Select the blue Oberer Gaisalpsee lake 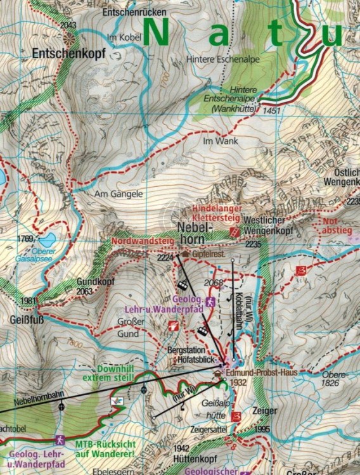tap(46, 239)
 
